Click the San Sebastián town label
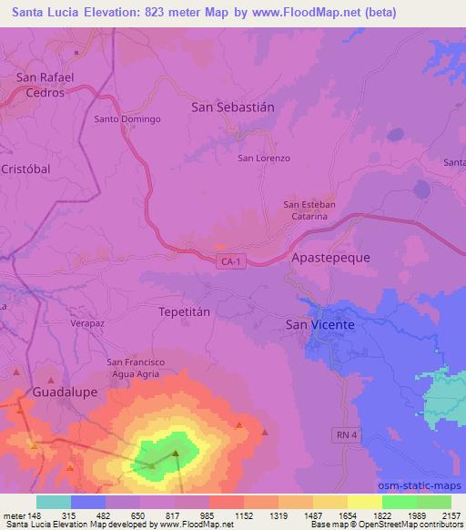pos(232,107)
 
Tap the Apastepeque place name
pos(330,258)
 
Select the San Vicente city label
pos(319,323)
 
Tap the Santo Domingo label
pos(127,119)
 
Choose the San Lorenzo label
pos(264,158)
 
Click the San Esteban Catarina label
pos(310,210)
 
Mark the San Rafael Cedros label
pos(45,85)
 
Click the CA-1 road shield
pos(231,261)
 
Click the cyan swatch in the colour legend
pos(54,502)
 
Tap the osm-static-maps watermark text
pos(427,485)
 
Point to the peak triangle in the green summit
pos(176,453)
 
